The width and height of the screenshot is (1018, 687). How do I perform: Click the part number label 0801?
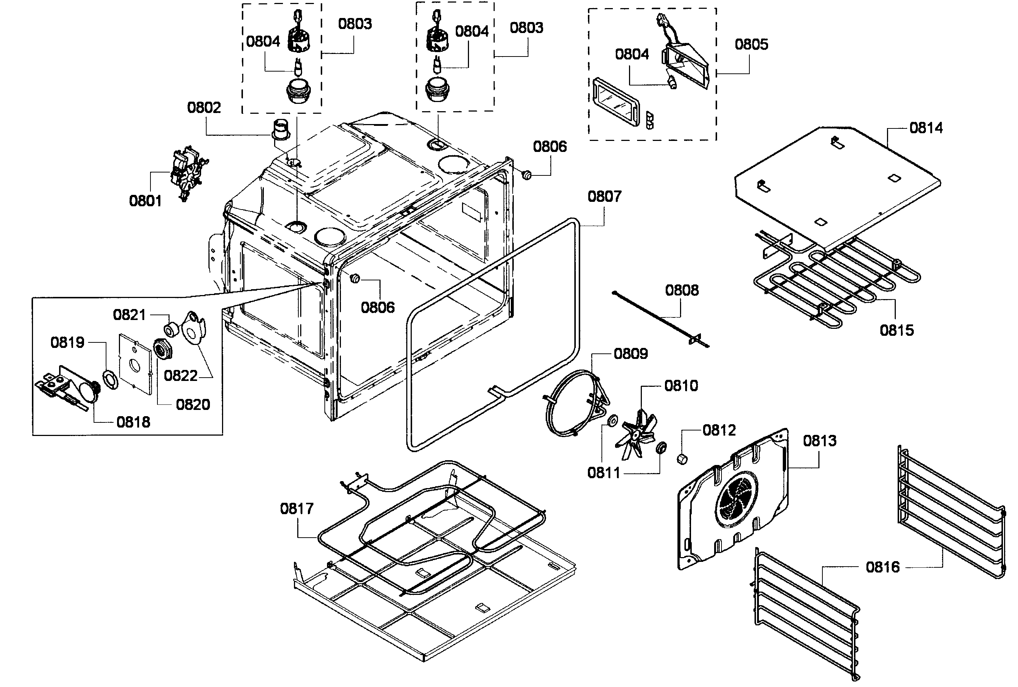[x=145, y=201]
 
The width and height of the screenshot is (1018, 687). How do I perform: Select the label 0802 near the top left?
[x=204, y=107]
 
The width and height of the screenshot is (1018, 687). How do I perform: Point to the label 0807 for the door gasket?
[x=604, y=196]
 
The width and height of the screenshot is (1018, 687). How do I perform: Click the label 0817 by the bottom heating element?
[x=297, y=509]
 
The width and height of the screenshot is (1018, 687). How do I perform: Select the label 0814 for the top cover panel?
[x=926, y=128]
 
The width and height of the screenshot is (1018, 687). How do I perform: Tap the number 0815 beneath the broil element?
[x=897, y=330]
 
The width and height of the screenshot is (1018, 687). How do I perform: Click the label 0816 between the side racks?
[x=883, y=567]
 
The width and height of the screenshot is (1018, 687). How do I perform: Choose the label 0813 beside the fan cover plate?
[x=819, y=441]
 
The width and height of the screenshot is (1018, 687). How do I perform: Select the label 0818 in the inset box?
[x=133, y=422]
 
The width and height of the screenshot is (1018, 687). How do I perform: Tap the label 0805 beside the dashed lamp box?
[x=751, y=44]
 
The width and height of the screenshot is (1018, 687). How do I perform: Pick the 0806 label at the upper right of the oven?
[x=550, y=146]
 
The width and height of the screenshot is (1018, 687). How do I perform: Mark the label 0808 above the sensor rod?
[x=681, y=290]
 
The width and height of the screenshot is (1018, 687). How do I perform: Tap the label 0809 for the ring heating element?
[x=630, y=353]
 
